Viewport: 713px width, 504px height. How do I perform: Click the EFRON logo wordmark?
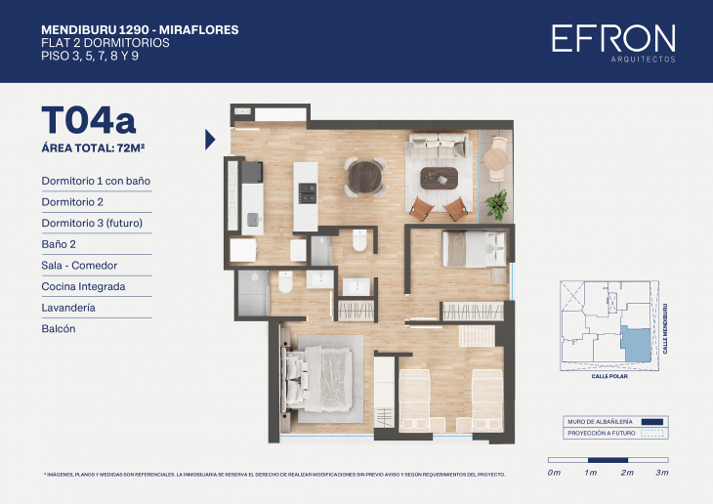(x=612, y=39)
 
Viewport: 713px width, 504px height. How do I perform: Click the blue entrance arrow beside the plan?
(x=210, y=140)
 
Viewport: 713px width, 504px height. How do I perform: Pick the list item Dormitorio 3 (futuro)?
(x=92, y=223)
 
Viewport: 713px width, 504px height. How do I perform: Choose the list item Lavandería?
(x=68, y=308)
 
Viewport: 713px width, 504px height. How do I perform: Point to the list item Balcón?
(x=59, y=329)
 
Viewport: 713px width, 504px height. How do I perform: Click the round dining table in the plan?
(x=365, y=177)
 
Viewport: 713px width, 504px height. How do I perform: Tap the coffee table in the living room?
(x=438, y=178)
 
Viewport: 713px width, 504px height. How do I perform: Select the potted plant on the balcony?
(x=497, y=203)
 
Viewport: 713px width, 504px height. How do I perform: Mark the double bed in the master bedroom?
(x=317, y=376)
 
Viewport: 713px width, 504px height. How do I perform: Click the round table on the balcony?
(x=499, y=149)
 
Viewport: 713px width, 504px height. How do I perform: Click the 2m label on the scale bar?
(x=626, y=473)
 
